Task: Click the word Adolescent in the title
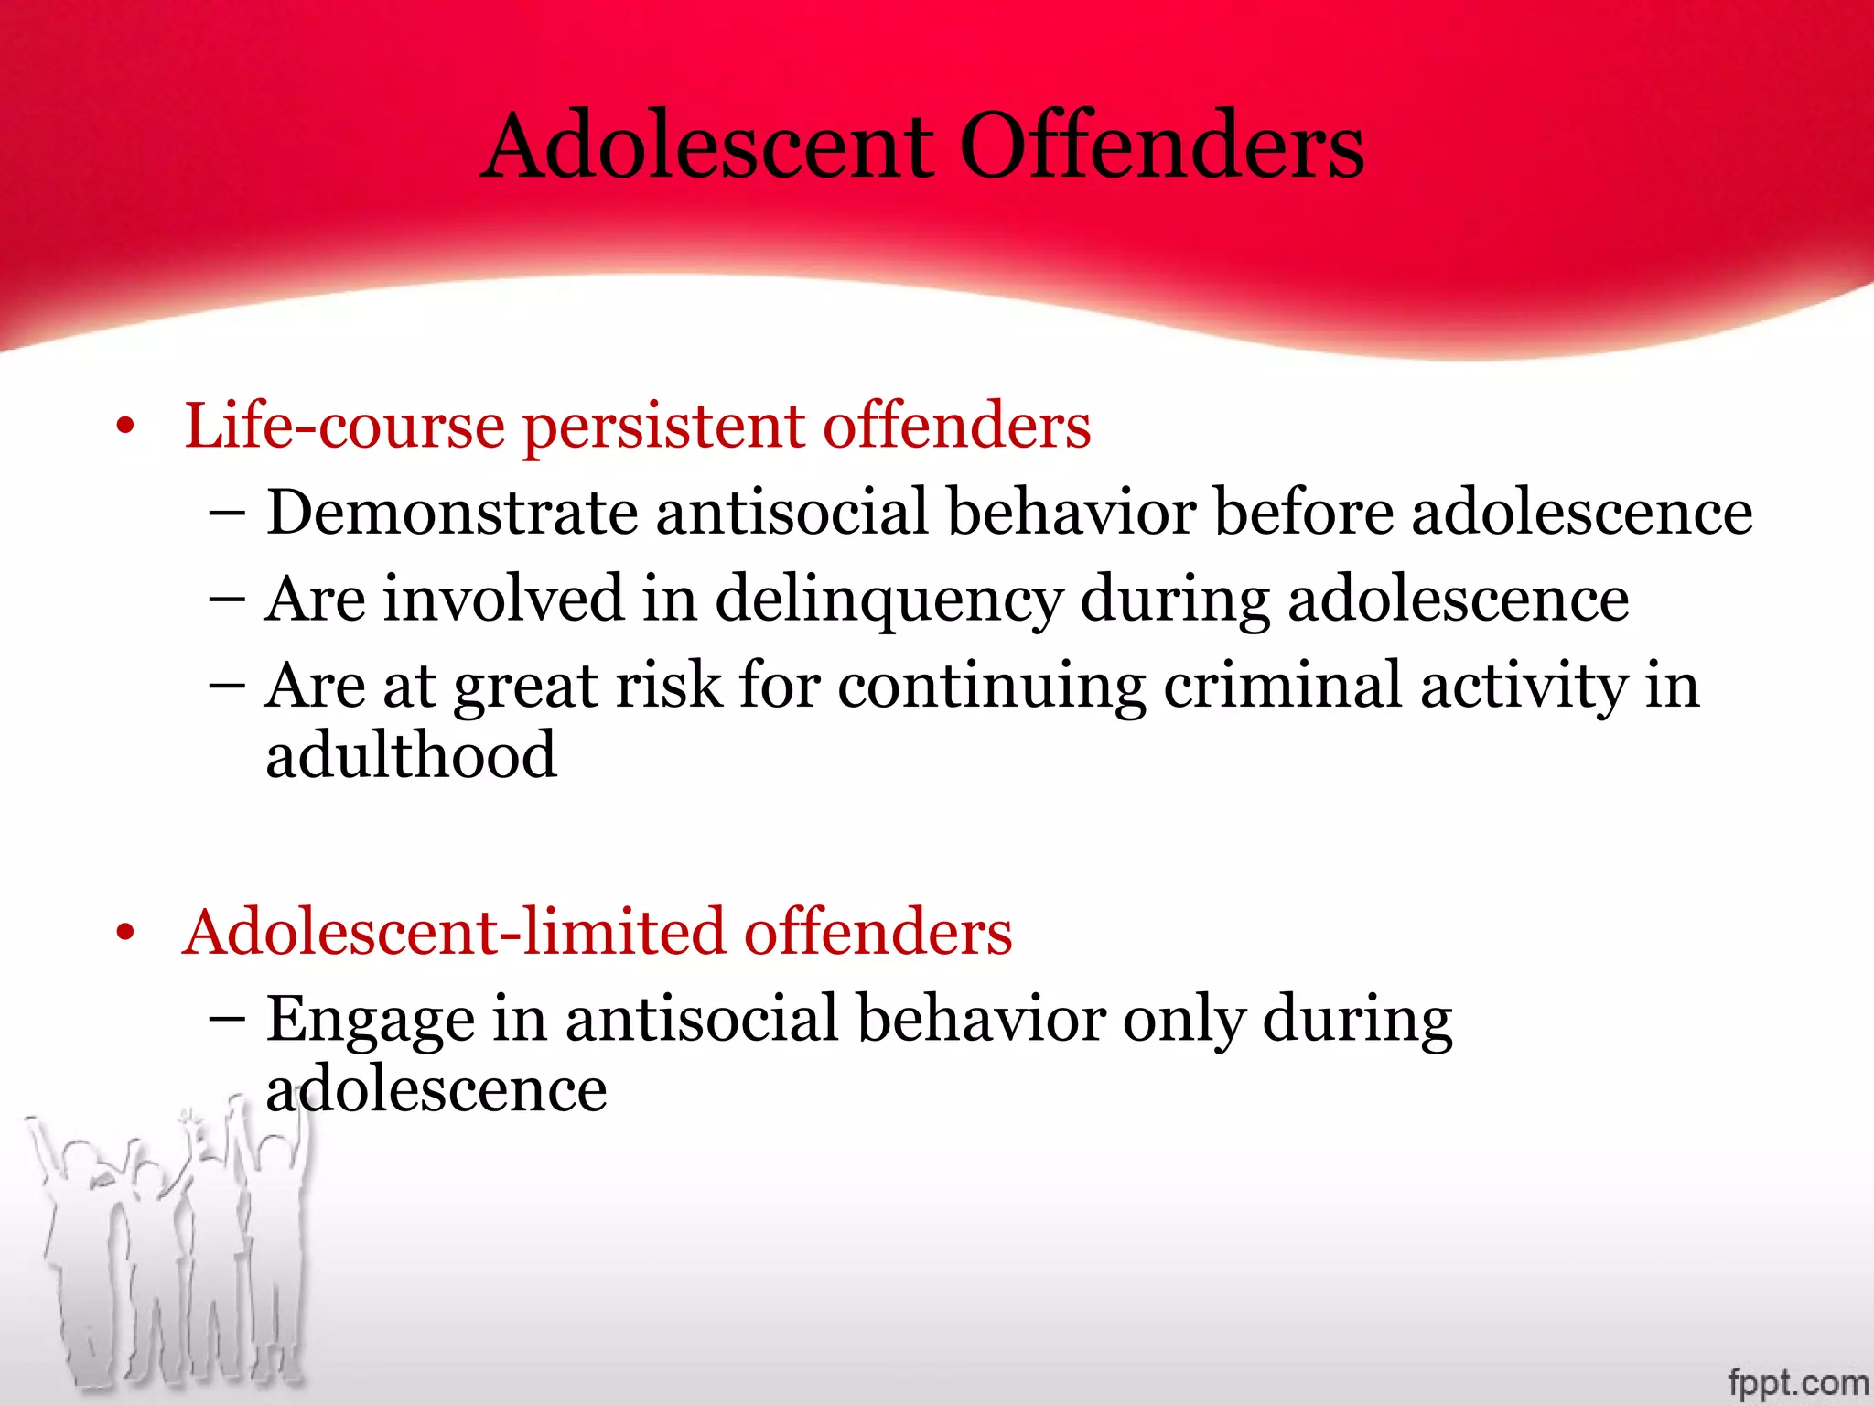[x=707, y=146]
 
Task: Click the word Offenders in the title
[x=1161, y=146]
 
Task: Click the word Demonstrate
[x=451, y=512]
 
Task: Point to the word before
[x=1303, y=512]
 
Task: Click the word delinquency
[x=889, y=600]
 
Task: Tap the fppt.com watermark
[x=1797, y=1381]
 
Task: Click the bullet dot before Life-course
[x=125, y=427]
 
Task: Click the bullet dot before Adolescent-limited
[x=125, y=934]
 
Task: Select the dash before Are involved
[x=226, y=600]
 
